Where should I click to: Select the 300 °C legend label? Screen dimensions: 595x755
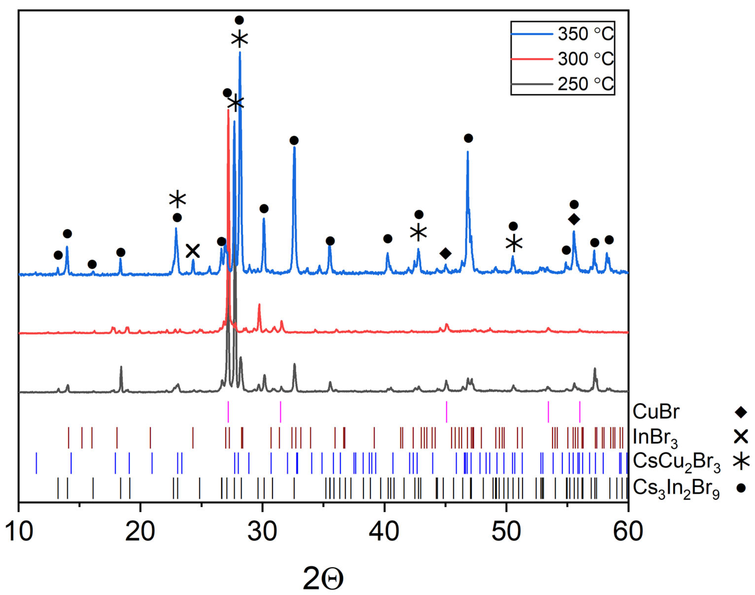click(x=586, y=59)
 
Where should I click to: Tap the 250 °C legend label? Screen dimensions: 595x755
click(x=586, y=84)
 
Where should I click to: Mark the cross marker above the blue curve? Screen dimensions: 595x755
click(x=192, y=251)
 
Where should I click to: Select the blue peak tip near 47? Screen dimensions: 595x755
click(x=468, y=152)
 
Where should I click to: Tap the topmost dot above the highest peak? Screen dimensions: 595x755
click(x=239, y=20)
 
